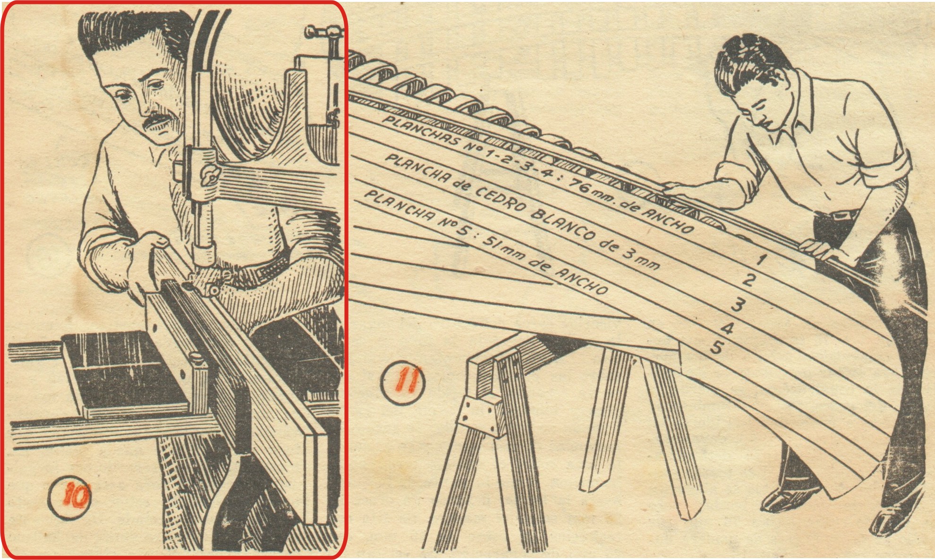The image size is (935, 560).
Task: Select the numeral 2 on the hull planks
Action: [748, 280]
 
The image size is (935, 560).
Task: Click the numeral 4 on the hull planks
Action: [727, 327]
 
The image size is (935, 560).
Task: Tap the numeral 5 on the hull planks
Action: [715, 348]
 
